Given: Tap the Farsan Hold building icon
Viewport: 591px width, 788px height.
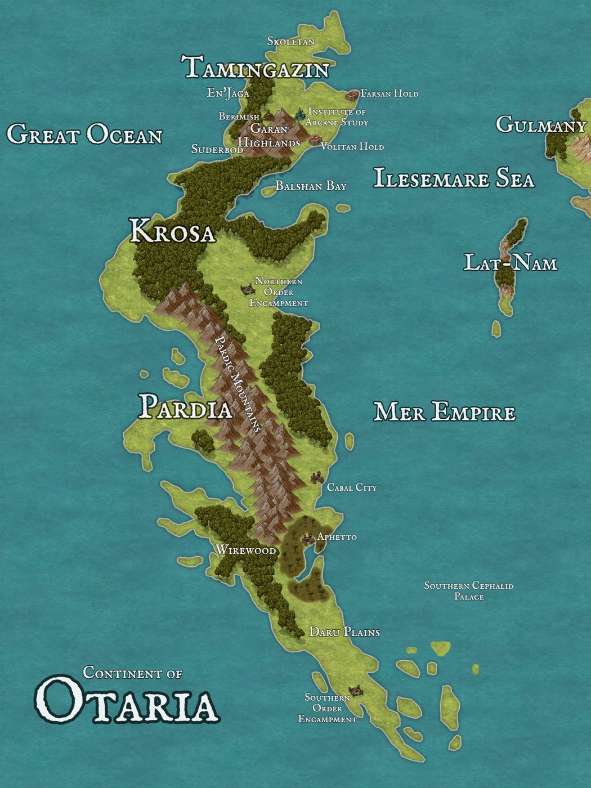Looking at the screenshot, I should pyautogui.click(x=352, y=94).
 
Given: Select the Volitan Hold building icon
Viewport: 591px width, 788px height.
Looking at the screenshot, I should pyautogui.click(x=314, y=140).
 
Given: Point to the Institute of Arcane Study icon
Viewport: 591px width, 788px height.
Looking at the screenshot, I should pyautogui.click(x=299, y=114).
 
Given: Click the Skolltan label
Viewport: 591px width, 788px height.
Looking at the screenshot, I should pyautogui.click(x=290, y=42).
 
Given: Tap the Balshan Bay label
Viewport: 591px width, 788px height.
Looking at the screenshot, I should pyautogui.click(x=311, y=186).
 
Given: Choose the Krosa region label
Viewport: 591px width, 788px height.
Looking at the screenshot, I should pyautogui.click(x=172, y=232).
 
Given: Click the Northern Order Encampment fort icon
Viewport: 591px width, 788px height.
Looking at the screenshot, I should pyautogui.click(x=246, y=289).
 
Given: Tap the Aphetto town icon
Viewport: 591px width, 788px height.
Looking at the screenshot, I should pyautogui.click(x=308, y=539).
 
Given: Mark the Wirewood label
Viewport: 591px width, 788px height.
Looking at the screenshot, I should pyautogui.click(x=246, y=550).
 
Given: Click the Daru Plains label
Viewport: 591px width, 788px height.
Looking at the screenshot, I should pyautogui.click(x=344, y=632).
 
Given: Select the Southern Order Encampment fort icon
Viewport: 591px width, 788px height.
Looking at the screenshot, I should pyautogui.click(x=355, y=691).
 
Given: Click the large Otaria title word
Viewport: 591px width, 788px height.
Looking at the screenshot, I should pyautogui.click(x=126, y=701).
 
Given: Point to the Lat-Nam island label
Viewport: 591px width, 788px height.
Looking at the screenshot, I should pyautogui.click(x=510, y=263).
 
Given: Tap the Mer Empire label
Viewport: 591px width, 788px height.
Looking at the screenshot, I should pyautogui.click(x=444, y=412).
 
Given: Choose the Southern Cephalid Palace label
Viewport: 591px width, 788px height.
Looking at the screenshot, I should pyautogui.click(x=468, y=591).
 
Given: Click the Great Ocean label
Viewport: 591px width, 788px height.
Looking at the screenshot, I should pyautogui.click(x=84, y=135).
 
